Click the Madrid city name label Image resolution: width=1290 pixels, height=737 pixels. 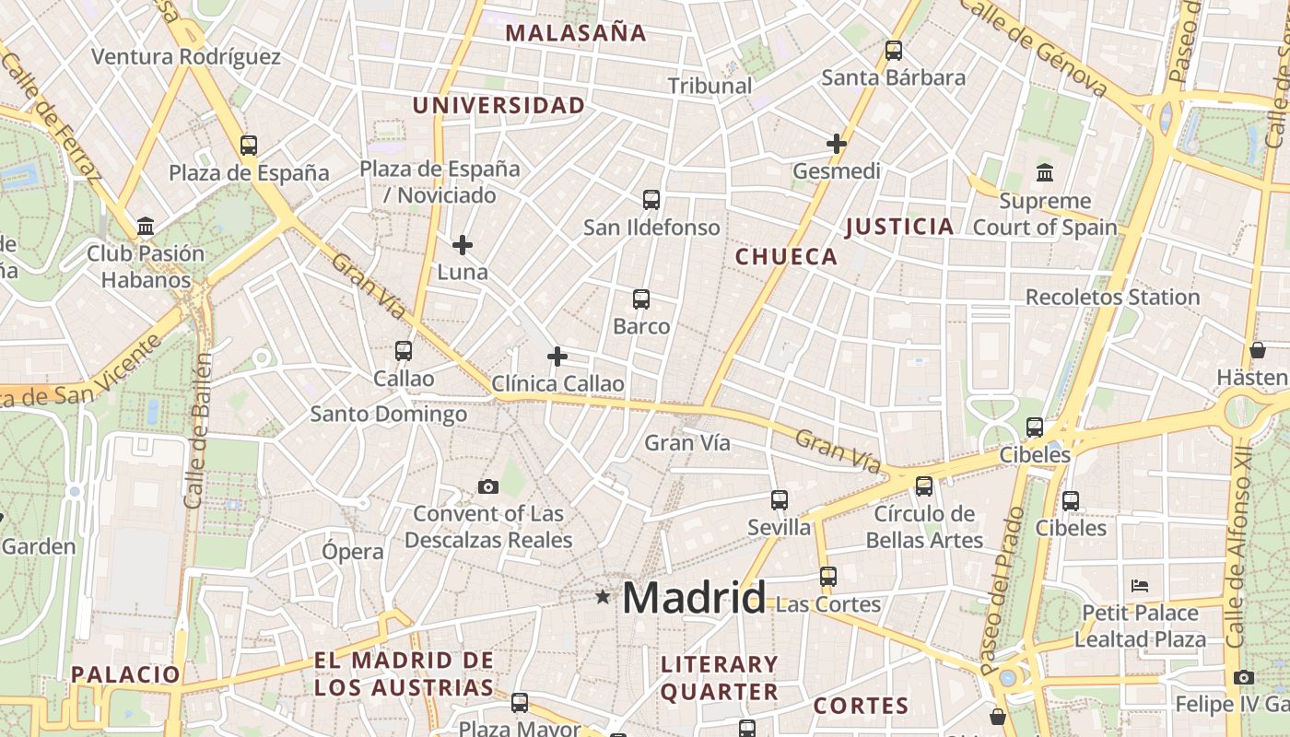(x=693, y=599)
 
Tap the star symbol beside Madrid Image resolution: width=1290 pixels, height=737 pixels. (x=603, y=597)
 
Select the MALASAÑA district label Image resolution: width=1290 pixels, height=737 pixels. (x=576, y=33)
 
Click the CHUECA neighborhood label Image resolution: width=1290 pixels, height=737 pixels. (x=786, y=257)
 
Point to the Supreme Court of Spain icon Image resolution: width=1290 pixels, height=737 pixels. (x=1045, y=172)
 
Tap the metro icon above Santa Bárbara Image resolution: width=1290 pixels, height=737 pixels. (x=893, y=51)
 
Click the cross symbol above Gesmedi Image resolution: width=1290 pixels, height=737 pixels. (x=837, y=144)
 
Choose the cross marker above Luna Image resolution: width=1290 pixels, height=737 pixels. (x=463, y=245)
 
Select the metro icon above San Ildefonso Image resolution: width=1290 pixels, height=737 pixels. (x=651, y=199)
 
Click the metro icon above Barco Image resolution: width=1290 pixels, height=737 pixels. (x=641, y=298)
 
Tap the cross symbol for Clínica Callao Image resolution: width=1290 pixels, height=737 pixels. (x=557, y=357)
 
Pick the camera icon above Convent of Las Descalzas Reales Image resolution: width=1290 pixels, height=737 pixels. (x=488, y=486)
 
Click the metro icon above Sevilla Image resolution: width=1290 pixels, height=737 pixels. (x=780, y=500)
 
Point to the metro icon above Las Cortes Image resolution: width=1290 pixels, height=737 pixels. (x=828, y=577)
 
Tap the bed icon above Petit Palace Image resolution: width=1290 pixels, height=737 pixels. (x=1140, y=586)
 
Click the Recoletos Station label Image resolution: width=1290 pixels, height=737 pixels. (x=1112, y=298)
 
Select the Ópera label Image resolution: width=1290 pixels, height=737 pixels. (x=352, y=552)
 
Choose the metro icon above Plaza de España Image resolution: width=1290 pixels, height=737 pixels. (x=249, y=145)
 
